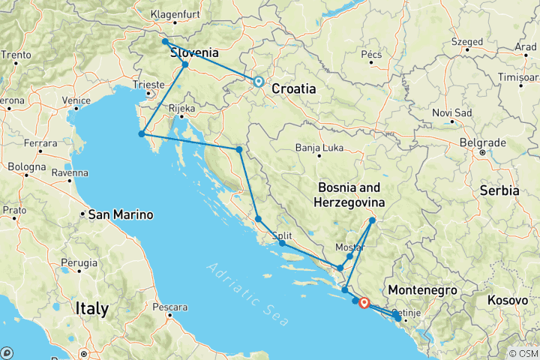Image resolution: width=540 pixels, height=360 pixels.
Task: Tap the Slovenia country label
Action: point(194,53)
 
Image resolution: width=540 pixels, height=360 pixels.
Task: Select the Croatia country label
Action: point(293,88)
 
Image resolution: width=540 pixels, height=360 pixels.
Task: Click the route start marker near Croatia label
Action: point(258,82)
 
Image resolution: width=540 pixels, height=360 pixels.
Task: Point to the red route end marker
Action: point(364,303)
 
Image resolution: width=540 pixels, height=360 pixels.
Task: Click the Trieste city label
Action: point(146,85)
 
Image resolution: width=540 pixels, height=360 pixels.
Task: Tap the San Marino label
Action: point(121,214)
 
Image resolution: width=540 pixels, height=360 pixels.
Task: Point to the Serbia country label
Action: point(499,190)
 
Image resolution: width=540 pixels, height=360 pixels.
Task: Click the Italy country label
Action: point(91,308)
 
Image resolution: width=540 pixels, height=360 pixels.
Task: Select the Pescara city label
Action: point(169,307)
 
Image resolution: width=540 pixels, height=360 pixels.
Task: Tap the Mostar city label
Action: point(351,247)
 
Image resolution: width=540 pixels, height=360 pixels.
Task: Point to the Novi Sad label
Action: point(452,112)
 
